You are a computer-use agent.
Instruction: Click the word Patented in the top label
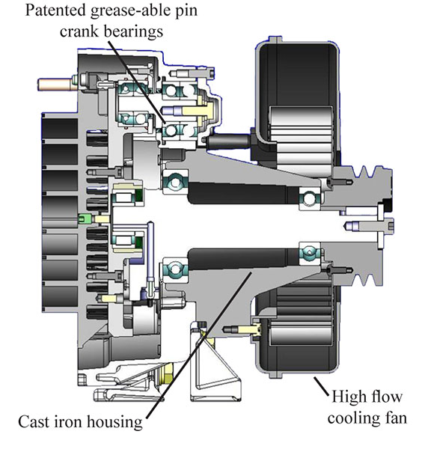55,10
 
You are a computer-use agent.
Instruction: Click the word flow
385,397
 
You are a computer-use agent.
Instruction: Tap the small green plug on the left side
85,219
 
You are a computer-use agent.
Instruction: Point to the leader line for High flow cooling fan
321,386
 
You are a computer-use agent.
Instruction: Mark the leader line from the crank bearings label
136,82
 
